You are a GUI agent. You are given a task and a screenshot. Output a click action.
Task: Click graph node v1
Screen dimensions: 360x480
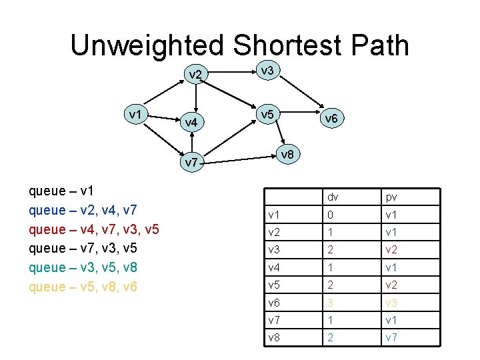(138, 114)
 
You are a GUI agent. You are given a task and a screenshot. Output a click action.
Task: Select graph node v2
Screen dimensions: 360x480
(195, 74)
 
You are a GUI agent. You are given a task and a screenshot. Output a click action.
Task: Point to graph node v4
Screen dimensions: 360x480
(191, 123)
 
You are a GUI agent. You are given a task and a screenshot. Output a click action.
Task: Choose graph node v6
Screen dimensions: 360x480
(331, 119)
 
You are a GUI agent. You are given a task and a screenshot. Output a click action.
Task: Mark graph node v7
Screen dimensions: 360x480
(191, 162)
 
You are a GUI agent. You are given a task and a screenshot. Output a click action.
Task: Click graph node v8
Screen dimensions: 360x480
(287, 155)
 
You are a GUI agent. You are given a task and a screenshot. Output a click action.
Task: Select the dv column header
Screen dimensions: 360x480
(331, 197)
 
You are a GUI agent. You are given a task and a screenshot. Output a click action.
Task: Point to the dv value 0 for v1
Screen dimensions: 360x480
(329, 215)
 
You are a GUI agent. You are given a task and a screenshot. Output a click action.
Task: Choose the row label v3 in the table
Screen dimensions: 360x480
(273, 250)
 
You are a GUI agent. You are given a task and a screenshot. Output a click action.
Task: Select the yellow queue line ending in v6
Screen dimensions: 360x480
(83, 287)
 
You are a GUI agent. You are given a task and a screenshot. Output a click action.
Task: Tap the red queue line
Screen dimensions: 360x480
(94, 230)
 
